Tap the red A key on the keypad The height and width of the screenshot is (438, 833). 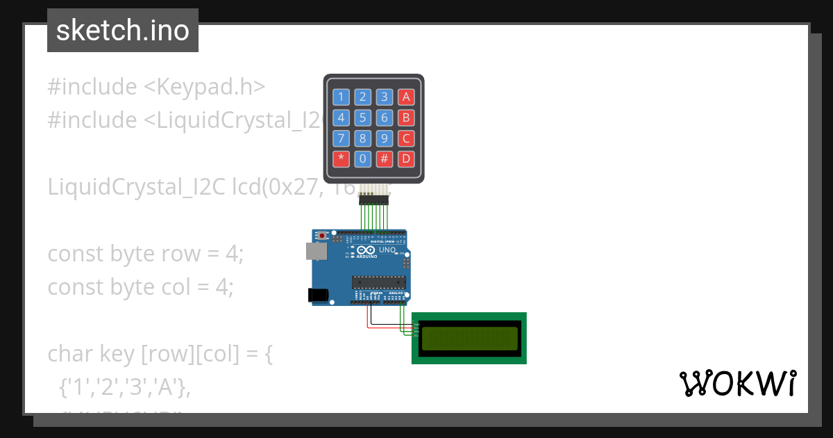(x=407, y=97)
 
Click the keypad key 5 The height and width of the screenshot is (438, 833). (x=362, y=117)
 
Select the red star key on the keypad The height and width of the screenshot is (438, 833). (x=341, y=159)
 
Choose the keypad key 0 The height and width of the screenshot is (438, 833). (x=362, y=159)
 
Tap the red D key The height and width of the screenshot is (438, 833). (x=407, y=159)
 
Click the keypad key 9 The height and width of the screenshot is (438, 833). (x=385, y=138)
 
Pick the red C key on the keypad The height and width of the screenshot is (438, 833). (x=407, y=138)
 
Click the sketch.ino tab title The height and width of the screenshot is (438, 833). (x=123, y=31)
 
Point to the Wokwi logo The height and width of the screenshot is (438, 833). (x=737, y=384)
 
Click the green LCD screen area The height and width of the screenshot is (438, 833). (x=470, y=338)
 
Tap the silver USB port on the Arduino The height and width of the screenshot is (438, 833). (x=317, y=251)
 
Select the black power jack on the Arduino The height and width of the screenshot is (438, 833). (x=318, y=295)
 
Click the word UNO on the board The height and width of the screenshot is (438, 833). (x=387, y=250)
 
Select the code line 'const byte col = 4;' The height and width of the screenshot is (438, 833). (x=141, y=286)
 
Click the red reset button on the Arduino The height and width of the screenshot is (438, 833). (x=322, y=236)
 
